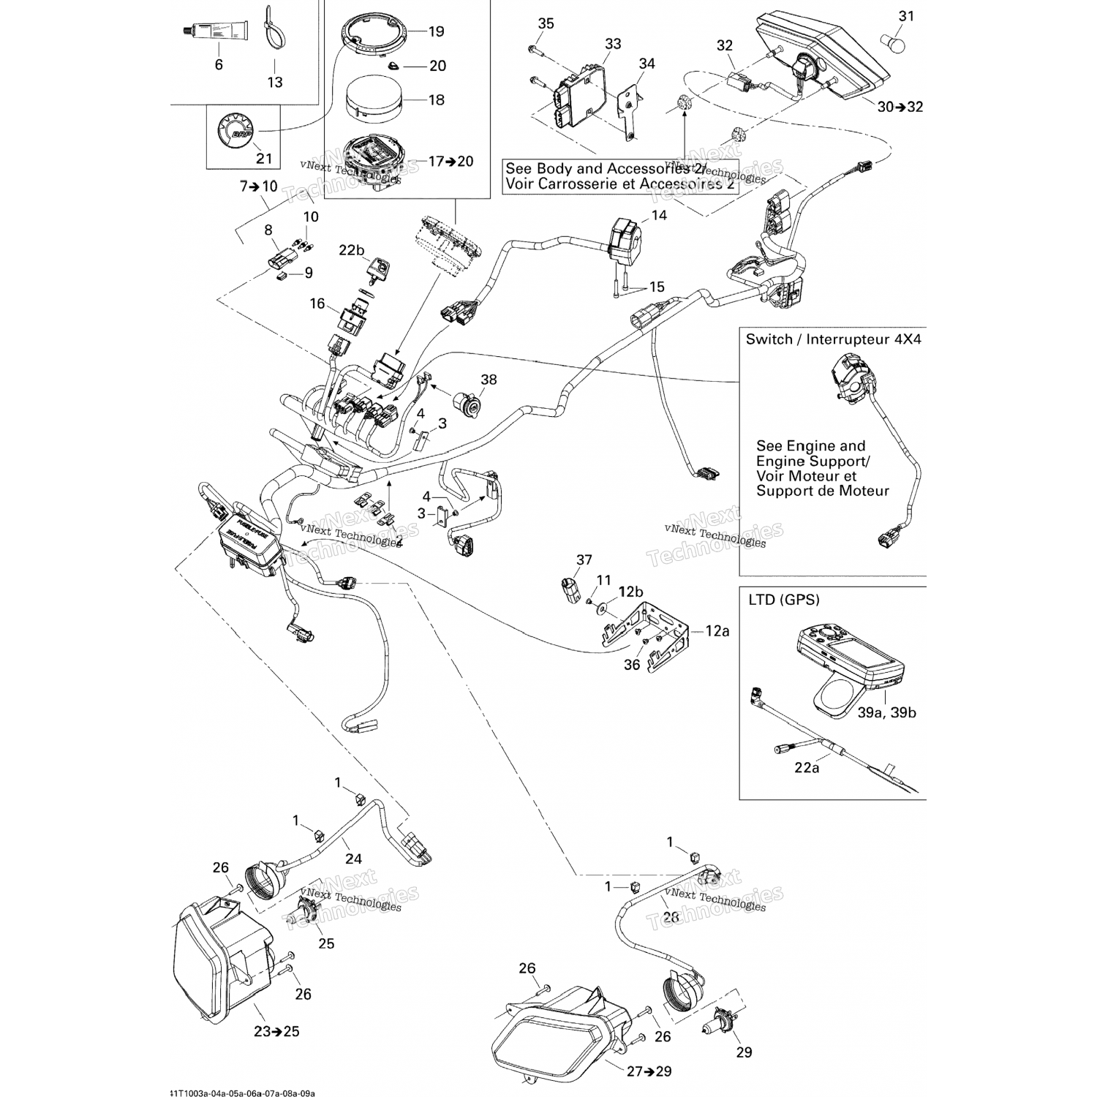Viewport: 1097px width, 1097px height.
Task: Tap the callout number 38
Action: [489, 379]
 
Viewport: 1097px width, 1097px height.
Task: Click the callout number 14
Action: [659, 216]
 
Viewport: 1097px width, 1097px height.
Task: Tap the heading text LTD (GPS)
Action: [783, 600]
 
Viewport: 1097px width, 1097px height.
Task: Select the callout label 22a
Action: [806, 768]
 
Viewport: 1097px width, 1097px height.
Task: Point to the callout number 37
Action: [584, 560]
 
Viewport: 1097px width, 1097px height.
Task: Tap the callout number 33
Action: [612, 44]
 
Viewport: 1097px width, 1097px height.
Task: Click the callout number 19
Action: [436, 31]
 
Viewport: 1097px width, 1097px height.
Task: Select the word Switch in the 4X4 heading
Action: [769, 339]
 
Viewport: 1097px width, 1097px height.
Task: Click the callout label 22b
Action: [351, 250]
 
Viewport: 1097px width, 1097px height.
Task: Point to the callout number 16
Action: [317, 304]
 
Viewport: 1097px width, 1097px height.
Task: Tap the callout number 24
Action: [354, 859]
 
